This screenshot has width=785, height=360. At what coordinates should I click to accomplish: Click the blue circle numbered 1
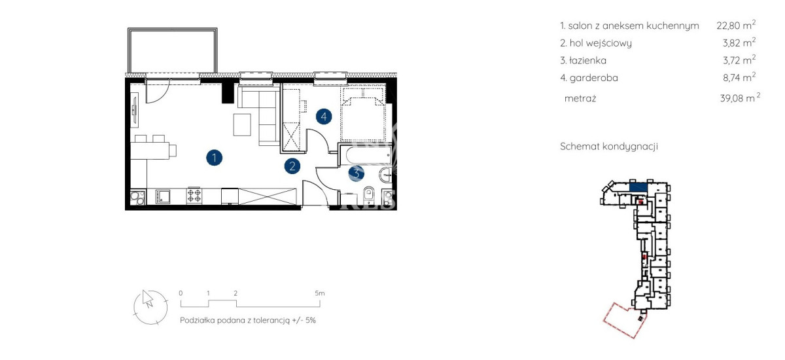click(214, 158)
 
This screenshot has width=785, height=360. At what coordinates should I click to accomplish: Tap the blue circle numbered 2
click(292, 166)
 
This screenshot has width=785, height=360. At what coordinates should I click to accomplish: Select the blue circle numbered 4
click(324, 117)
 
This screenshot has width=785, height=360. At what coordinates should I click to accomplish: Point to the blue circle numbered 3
click(356, 173)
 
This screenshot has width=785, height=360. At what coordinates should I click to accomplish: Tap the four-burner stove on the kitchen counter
click(194, 196)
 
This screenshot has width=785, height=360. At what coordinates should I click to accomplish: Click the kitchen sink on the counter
click(163, 196)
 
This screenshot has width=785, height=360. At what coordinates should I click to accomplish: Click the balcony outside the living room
click(173, 51)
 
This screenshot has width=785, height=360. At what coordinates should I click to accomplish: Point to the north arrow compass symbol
click(150, 307)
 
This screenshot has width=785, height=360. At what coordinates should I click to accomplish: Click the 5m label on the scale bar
click(320, 293)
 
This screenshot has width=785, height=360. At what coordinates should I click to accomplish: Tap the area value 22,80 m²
click(736, 25)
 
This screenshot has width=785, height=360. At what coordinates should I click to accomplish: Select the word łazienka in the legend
click(587, 60)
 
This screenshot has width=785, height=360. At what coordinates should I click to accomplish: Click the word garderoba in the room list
click(594, 78)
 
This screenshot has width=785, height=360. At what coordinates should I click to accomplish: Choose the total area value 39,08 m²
click(740, 98)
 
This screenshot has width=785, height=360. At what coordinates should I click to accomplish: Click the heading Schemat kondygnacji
click(609, 146)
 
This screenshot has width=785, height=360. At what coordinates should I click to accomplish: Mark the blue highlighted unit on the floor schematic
click(638, 187)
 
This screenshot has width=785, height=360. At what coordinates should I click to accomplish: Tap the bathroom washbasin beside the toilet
click(385, 175)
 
